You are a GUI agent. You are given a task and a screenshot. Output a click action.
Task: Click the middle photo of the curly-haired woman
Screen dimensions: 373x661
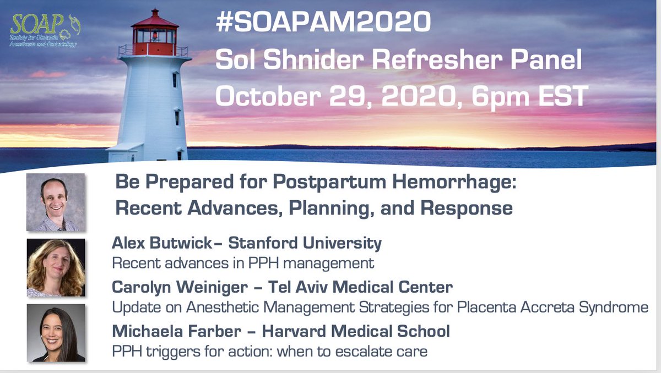[56, 267]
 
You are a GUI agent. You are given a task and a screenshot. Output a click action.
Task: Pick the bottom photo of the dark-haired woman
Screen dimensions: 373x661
[56, 332]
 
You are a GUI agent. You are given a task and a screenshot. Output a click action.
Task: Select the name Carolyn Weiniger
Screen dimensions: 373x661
[175, 287]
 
